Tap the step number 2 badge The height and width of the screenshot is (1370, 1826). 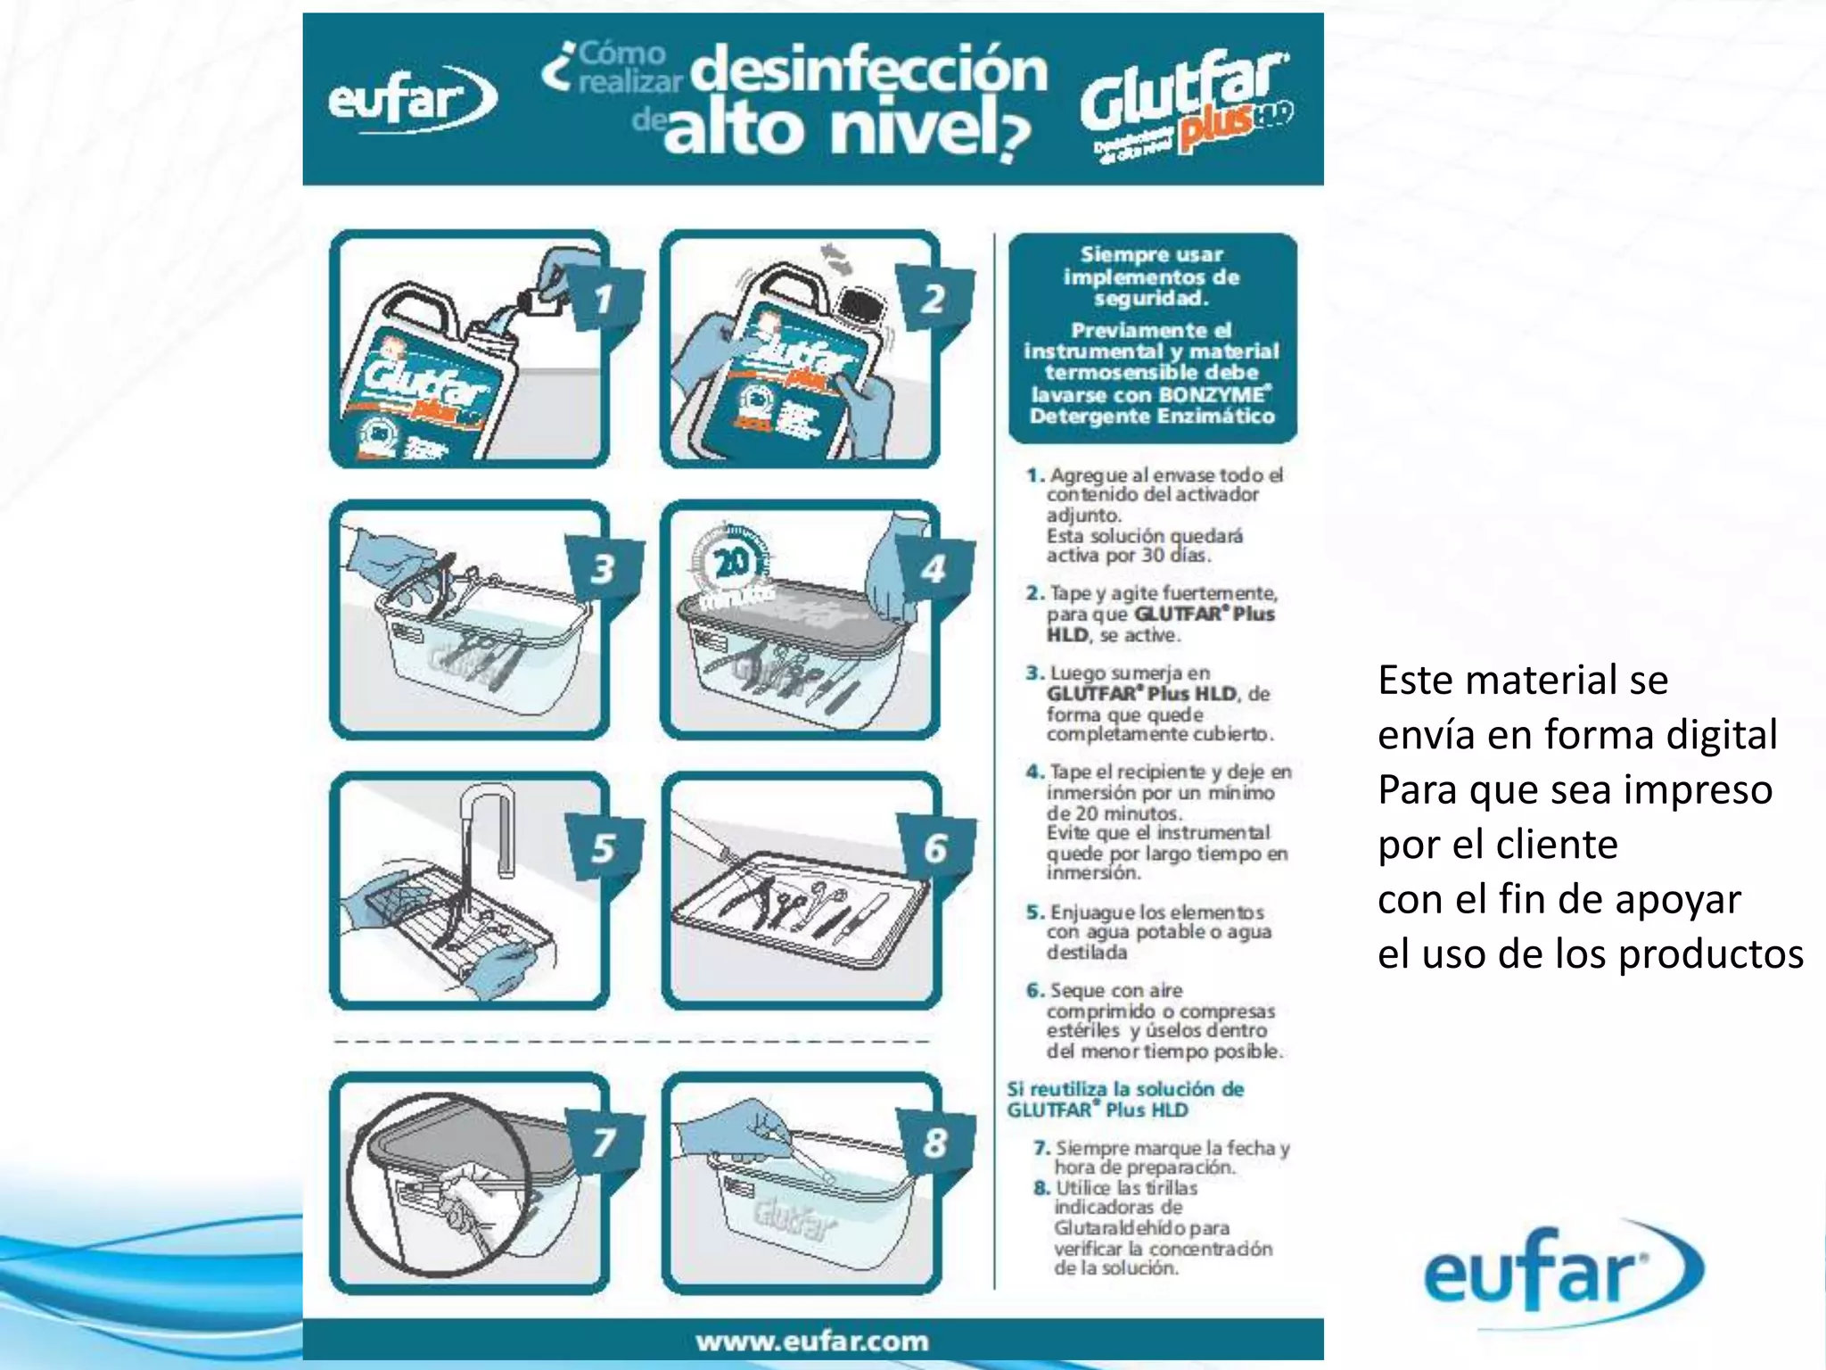(x=934, y=298)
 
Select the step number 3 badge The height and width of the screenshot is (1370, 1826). (x=604, y=568)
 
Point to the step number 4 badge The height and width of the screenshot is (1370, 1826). (x=934, y=569)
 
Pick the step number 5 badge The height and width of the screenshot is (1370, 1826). (x=604, y=847)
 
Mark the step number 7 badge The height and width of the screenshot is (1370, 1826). (x=605, y=1141)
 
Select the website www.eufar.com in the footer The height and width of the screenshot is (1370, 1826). (x=812, y=1341)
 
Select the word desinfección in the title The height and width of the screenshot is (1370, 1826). (x=869, y=71)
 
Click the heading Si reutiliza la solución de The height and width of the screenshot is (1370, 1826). (x=1125, y=1089)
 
